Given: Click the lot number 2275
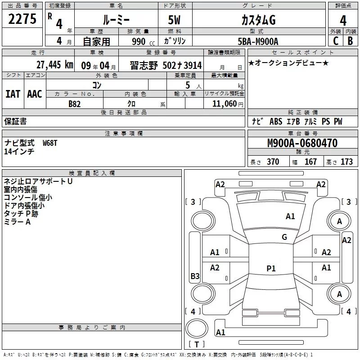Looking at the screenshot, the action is [x=23, y=19].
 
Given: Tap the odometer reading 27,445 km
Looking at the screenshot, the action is [x=54, y=65].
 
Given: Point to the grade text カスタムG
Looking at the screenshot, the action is [x=258, y=20].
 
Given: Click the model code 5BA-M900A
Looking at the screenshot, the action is [x=258, y=41].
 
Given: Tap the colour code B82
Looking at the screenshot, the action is [x=75, y=103].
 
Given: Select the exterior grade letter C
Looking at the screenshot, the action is [x=335, y=40].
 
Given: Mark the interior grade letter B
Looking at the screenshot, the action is [x=350, y=40].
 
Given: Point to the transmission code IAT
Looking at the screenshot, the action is [x=13, y=94].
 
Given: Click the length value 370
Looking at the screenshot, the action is [x=273, y=162].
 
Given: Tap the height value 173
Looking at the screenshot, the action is [x=346, y=162].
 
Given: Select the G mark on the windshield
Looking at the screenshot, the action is [x=284, y=237].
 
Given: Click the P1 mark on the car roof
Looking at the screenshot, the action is [x=271, y=269].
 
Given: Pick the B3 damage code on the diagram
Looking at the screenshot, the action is [x=195, y=276].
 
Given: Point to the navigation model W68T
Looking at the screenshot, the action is [x=50, y=143].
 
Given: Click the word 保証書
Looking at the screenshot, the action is [x=15, y=121].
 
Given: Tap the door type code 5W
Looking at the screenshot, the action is [x=175, y=20].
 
